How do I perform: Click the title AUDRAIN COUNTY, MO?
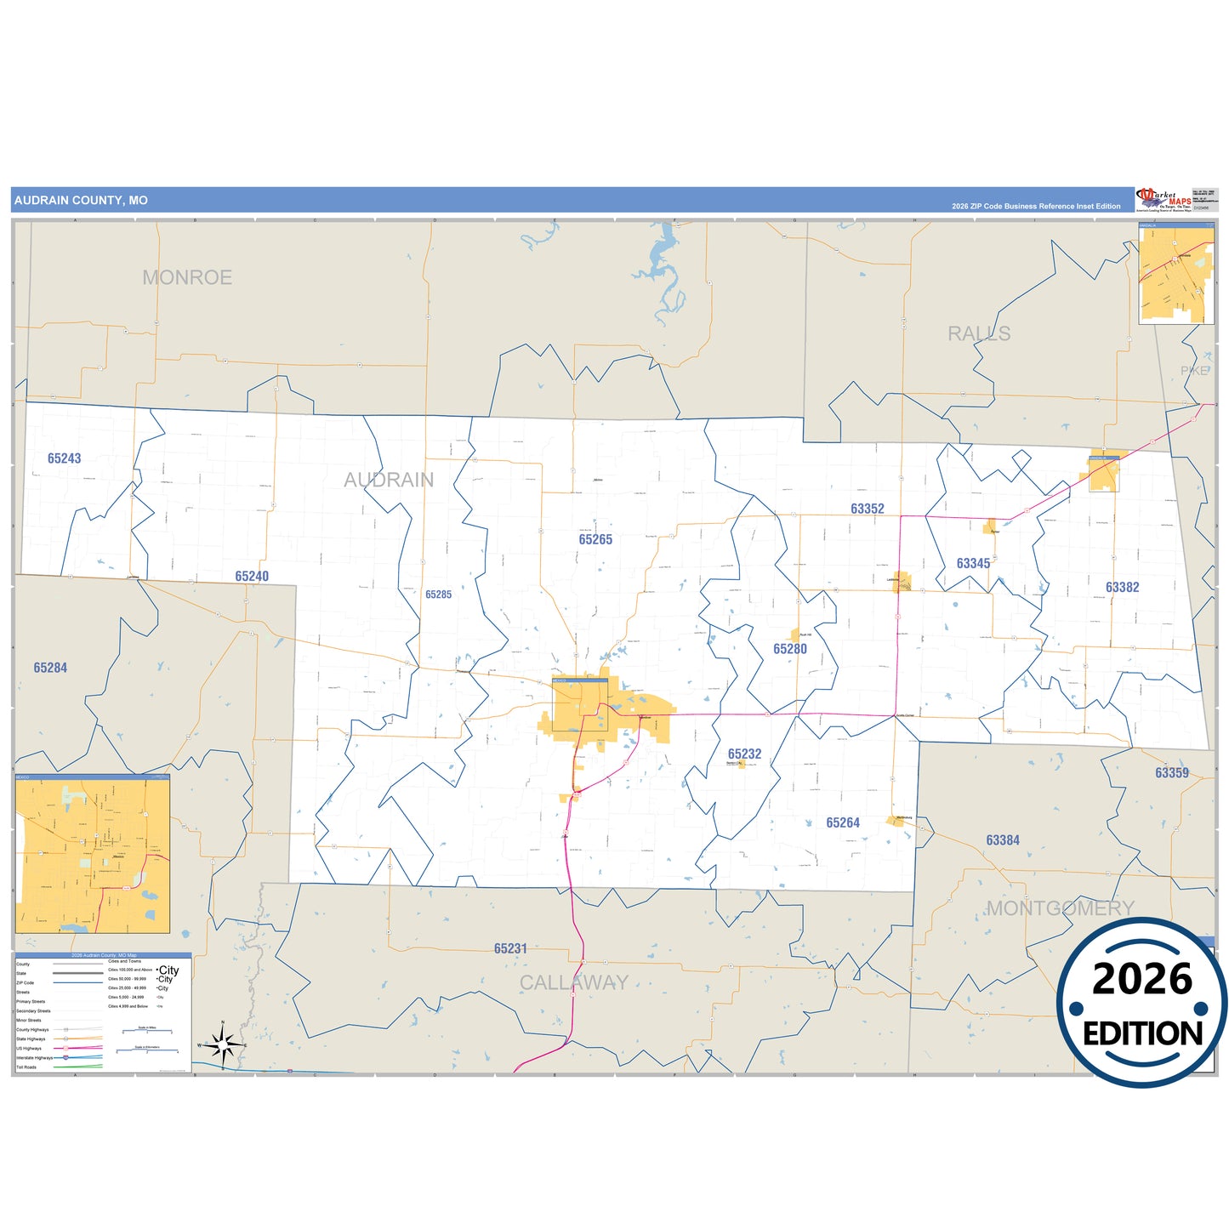[81, 201]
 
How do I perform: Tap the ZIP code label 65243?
[65, 458]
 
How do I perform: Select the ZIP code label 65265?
[595, 539]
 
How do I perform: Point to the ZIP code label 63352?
[868, 509]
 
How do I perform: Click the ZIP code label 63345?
[973, 563]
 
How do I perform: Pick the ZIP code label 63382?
[1122, 587]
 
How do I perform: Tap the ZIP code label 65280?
[790, 649]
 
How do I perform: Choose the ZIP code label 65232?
[744, 754]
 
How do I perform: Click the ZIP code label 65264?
[843, 822]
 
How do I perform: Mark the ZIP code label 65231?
[510, 948]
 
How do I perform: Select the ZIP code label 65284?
[50, 668]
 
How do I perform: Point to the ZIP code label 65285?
[439, 595]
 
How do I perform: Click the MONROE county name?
[187, 277]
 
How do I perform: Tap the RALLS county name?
[979, 333]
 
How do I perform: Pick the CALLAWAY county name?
[574, 983]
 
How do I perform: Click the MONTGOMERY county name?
[1060, 908]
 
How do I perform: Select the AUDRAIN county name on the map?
[389, 480]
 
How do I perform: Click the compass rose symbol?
[223, 1044]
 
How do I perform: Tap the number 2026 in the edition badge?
[1142, 979]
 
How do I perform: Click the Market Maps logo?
[1163, 200]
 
